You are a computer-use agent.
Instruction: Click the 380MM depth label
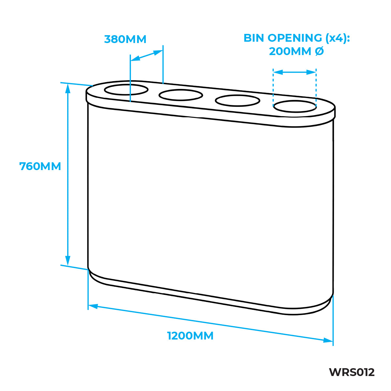click(x=125, y=39)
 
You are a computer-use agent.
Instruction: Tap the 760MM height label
click(x=40, y=167)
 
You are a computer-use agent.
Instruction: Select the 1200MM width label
click(x=190, y=336)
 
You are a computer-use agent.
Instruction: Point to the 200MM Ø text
click(x=296, y=51)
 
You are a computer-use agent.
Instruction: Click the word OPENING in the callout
click(x=295, y=38)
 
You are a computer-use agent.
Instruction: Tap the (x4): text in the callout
click(x=338, y=38)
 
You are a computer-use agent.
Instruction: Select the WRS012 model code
click(x=352, y=372)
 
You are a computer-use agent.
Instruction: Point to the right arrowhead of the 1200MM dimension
click(x=328, y=340)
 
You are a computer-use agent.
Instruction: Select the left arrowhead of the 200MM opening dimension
click(x=278, y=72)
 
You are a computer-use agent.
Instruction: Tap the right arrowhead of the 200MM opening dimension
click(x=311, y=72)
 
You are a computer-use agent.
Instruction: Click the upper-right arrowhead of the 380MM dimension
click(x=158, y=52)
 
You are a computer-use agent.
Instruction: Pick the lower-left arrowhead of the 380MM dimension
click(x=135, y=58)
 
